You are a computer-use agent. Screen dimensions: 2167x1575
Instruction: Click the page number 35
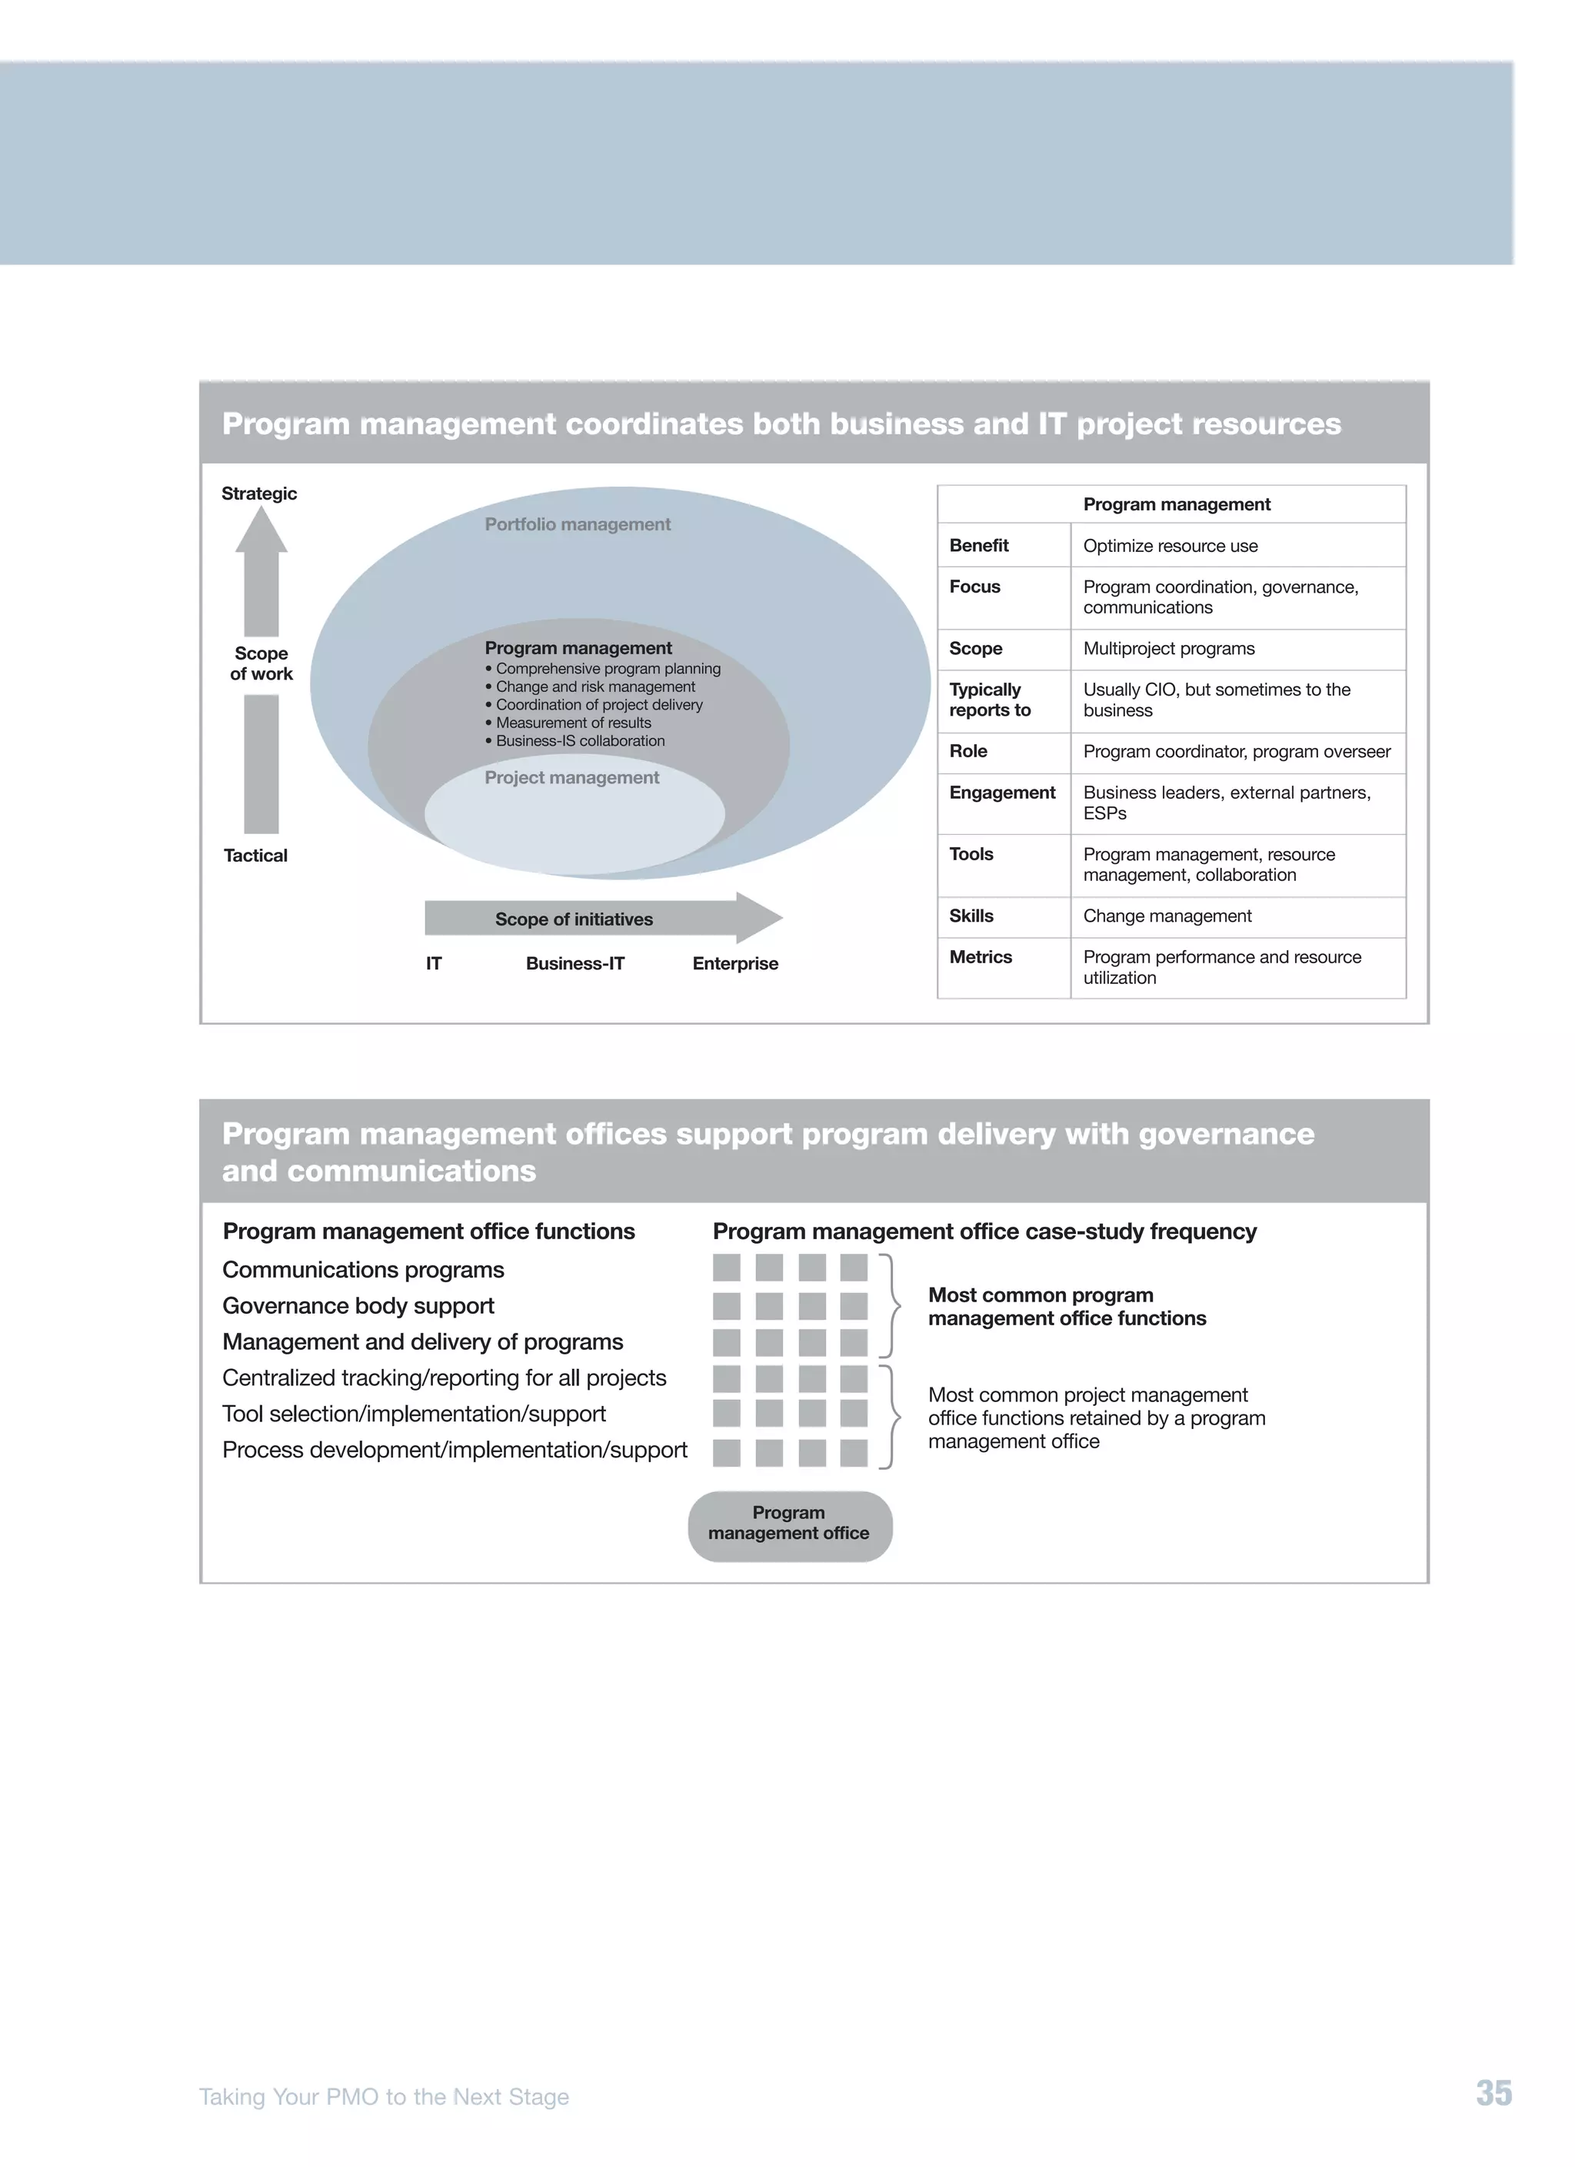point(1493,2092)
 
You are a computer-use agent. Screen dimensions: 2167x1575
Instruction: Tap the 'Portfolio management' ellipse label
point(578,523)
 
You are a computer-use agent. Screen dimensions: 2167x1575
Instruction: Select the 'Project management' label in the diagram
point(571,777)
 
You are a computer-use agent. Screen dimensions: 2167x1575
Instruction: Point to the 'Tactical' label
point(255,855)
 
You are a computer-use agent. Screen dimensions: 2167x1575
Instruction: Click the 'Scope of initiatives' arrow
point(574,918)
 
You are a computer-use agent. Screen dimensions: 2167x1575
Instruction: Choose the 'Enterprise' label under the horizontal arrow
point(735,963)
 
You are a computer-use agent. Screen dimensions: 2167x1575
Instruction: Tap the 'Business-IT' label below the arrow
point(574,963)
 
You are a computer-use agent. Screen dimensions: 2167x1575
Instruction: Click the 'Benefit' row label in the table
point(979,546)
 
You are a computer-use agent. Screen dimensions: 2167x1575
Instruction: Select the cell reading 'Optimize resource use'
point(1170,546)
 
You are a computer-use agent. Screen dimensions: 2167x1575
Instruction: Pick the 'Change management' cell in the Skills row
point(1167,916)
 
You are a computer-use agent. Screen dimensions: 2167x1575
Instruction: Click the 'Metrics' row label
point(981,956)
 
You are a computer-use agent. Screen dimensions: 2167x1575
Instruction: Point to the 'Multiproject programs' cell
point(1168,648)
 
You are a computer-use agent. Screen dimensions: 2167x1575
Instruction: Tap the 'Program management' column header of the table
point(1177,504)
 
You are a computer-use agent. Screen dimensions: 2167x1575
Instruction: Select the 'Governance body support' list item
point(358,1305)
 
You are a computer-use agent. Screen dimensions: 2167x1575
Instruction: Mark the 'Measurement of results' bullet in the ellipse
point(572,723)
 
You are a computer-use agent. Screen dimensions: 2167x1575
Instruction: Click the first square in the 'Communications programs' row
point(726,1268)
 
